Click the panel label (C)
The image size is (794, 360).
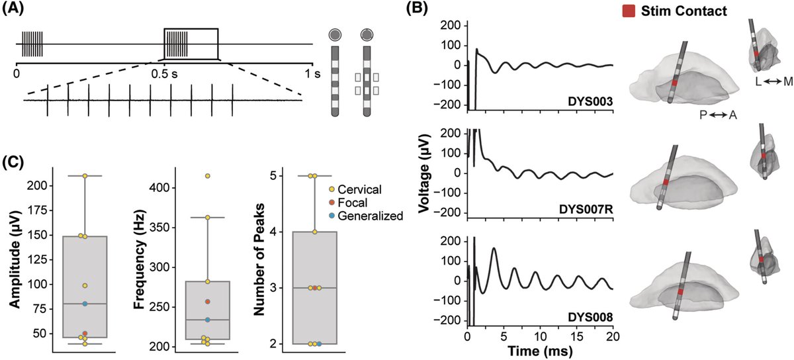pos(15,162)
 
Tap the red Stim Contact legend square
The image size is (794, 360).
pos(629,11)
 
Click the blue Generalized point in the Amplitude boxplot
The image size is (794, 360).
pos(85,304)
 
